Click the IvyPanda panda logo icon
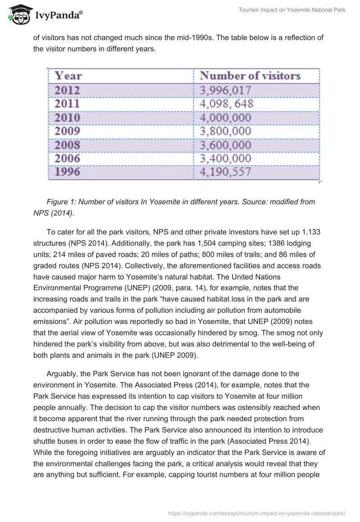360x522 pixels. point(18,15)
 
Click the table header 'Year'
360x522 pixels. point(68,76)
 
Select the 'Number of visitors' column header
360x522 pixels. point(250,76)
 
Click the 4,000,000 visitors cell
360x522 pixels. point(225,118)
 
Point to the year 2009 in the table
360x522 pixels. point(67,131)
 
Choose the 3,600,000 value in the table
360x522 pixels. point(225,145)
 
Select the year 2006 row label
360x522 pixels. point(67,158)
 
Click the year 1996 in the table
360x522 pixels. point(67,172)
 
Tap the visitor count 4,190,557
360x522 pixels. point(225,172)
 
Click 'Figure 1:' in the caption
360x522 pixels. point(61,202)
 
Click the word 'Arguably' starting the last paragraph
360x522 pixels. point(63,374)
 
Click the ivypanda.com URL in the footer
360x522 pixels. point(256,512)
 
